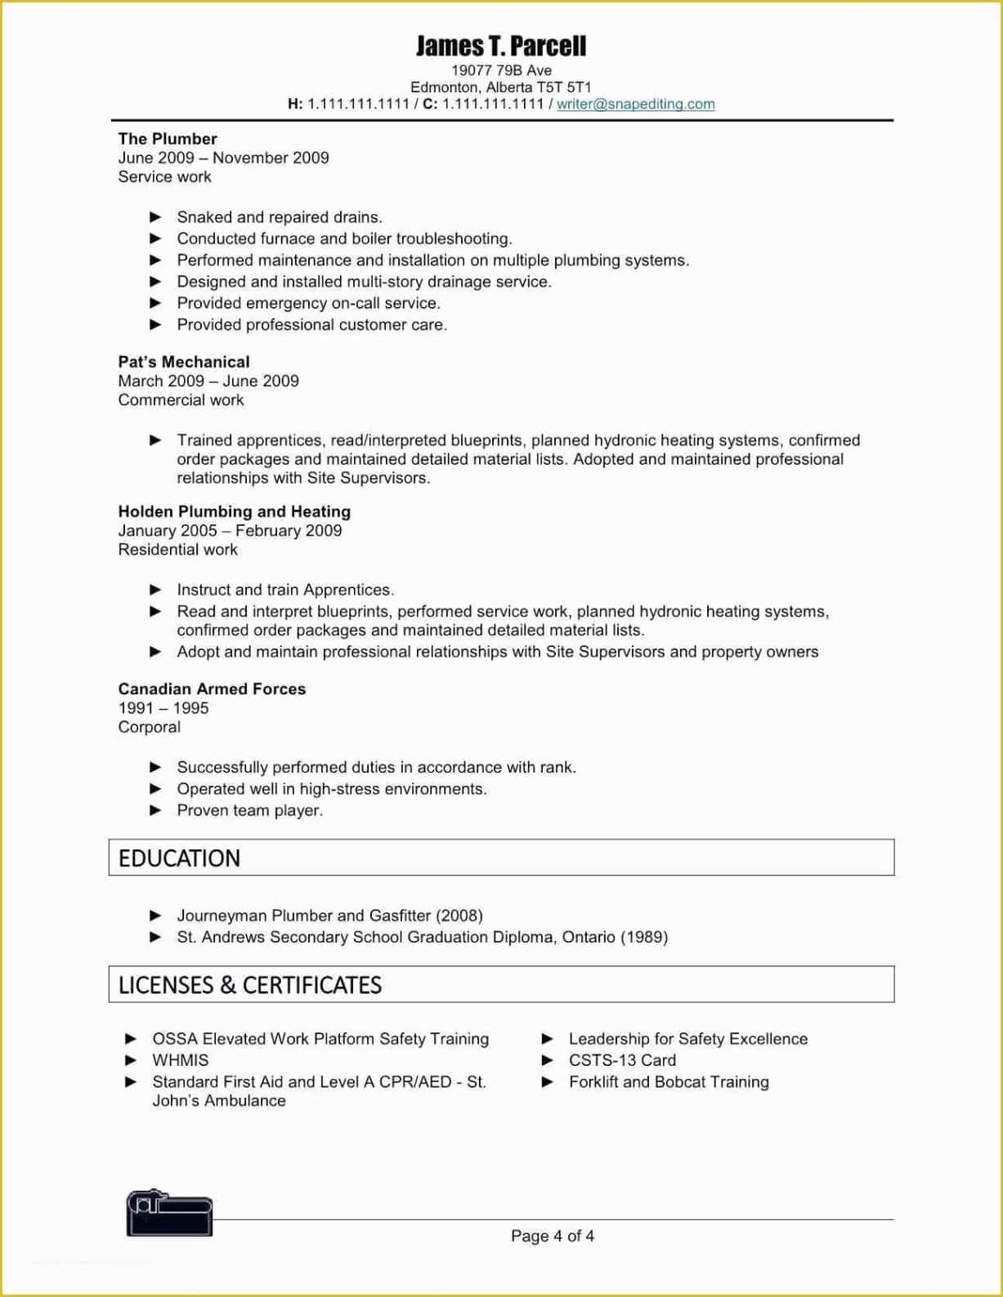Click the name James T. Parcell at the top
coord(501,46)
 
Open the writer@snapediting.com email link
coord(635,105)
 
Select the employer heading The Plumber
coord(168,139)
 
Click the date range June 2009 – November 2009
coord(223,158)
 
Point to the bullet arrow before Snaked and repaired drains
coord(156,217)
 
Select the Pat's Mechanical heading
coord(184,362)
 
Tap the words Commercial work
coord(181,400)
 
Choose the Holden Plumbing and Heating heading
coord(234,511)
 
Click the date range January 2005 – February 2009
coord(230,531)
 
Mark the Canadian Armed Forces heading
coord(212,689)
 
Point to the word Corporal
coord(149,727)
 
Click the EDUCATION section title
coord(179,858)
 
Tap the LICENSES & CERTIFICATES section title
coord(249,985)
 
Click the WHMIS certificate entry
coord(180,1060)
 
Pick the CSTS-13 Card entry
coord(622,1060)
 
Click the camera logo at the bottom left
coord(169,1214)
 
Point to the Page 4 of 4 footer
coord(552,1236)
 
